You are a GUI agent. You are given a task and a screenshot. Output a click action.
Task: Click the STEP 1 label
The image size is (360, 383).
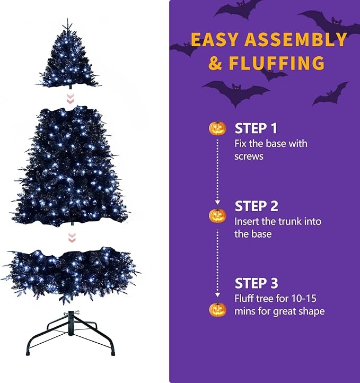pyautogui.click(x=256, y=128)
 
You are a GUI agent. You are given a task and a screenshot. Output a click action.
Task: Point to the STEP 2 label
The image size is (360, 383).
pyautogui.click(x=256, y=206)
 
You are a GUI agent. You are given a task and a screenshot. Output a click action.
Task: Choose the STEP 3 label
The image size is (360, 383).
pyautogui.click(x=256, y=283)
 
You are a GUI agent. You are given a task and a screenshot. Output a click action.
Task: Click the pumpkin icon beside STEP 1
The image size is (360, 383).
pyautogui.click(x=217, y=128)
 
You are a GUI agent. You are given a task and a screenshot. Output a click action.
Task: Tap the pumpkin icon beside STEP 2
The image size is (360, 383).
pyautogui.click(x=217, y=215)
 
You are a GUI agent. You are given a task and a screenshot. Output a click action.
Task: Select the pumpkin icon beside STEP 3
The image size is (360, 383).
pyautogui.click(x=217, y=309)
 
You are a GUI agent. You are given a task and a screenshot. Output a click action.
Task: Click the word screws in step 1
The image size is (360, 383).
pyautogui.click(x=249, y=156)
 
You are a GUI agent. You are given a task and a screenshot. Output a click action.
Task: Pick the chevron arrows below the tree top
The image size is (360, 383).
pyautogui.click(x=68, y=99)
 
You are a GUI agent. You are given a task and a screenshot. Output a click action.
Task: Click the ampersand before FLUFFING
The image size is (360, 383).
pyautogui.click(x=215, y=64)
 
